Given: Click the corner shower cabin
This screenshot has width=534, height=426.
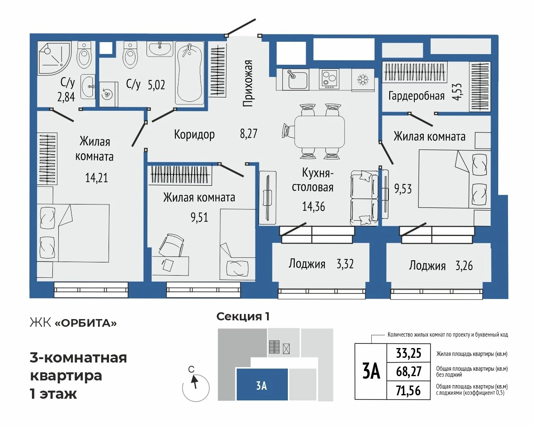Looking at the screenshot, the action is coord(55,58).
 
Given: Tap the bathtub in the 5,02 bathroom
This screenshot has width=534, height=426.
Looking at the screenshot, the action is coord(189,73).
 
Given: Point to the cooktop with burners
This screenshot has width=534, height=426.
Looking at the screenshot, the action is coord(329,79).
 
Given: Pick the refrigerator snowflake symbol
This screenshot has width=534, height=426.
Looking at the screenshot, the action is coord(362,80).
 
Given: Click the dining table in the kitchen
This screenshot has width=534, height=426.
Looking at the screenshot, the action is coord(320,132).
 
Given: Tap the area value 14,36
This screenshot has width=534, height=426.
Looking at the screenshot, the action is coord(313,207).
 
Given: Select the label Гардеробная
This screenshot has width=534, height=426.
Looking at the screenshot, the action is coord(416,96).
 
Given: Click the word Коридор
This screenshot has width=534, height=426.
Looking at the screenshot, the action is coord(194,134).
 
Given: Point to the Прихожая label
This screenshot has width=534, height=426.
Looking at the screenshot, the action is coord(248,83).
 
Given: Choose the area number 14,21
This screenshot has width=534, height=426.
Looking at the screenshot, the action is coord(97,178).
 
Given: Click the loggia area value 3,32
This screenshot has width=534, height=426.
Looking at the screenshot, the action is coord(345,264).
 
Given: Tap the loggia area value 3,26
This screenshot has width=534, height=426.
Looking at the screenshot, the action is coord(464,266).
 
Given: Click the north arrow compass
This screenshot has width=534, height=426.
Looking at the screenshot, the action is coord(195,388).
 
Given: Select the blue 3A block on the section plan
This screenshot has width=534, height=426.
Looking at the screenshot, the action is coord(262,384).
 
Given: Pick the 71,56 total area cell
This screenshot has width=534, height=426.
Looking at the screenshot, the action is coord(408,391).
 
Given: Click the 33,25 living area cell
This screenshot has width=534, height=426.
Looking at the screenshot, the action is coord(408,353).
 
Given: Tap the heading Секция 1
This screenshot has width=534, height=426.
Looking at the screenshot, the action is coord(243,317).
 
